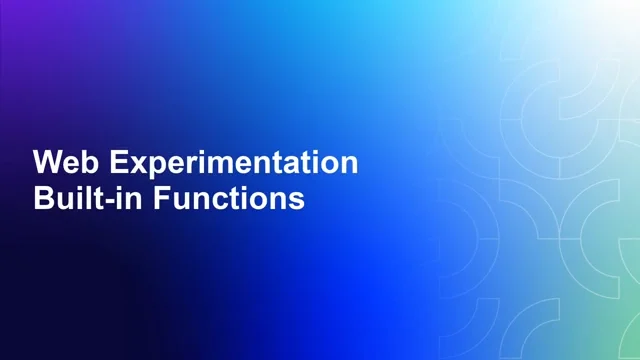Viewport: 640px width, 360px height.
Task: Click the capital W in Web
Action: click(45, 163)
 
